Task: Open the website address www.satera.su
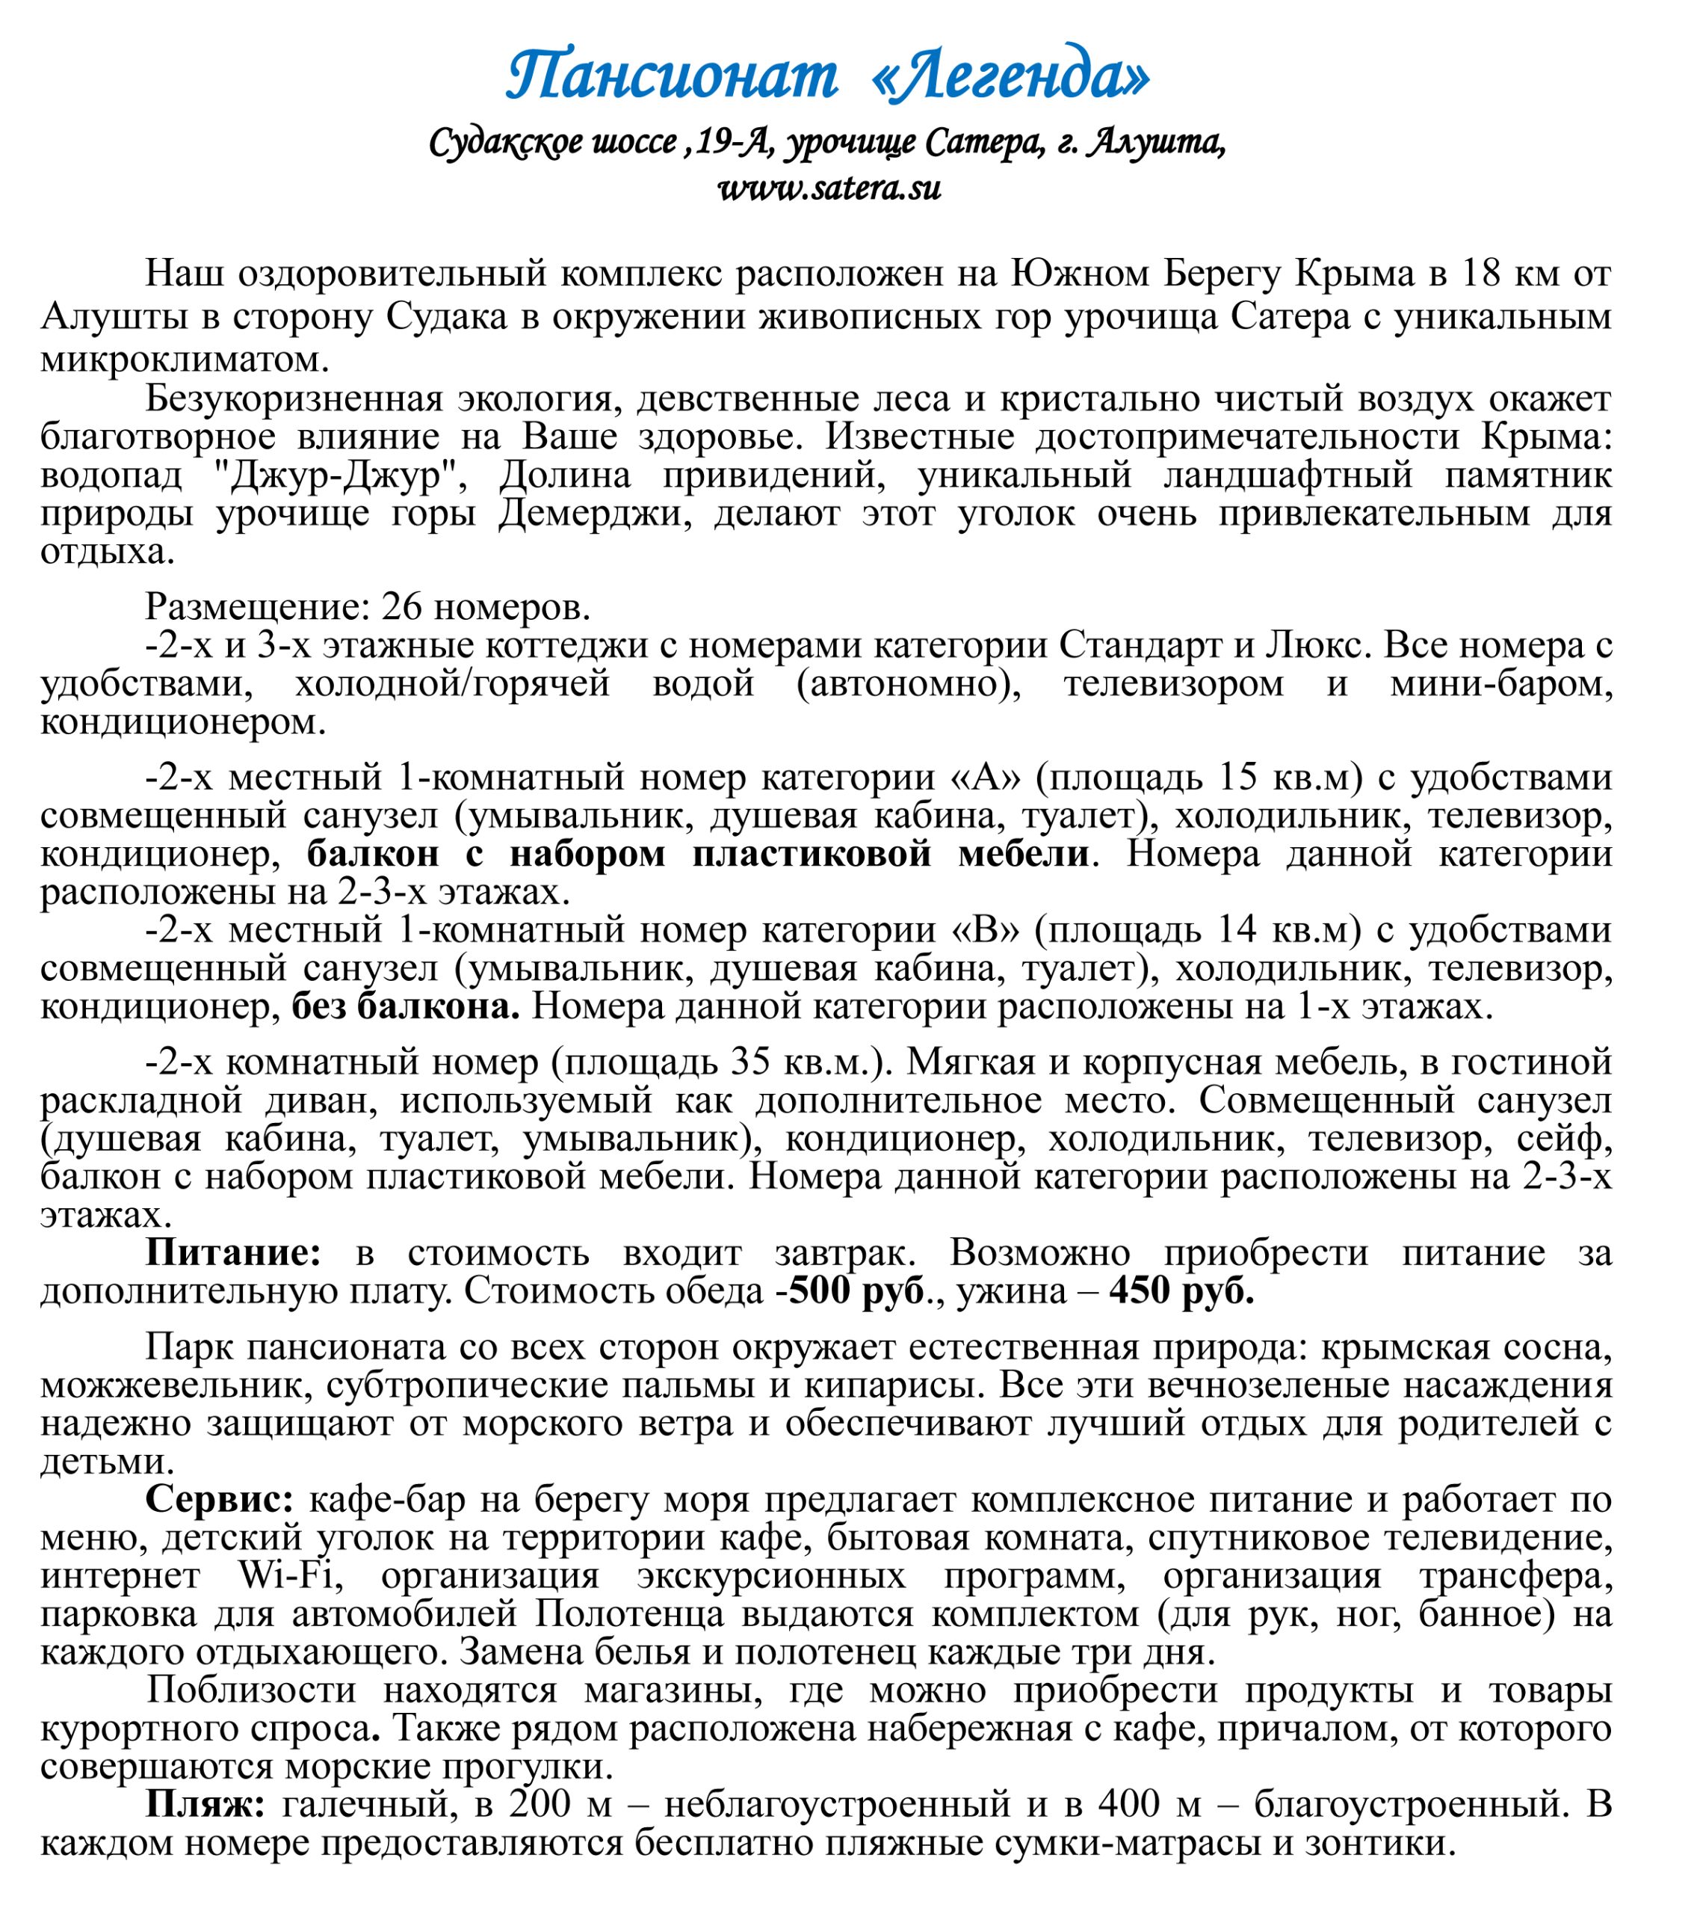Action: (x=829, y=188)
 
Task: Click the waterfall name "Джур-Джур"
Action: (x=334, y=476)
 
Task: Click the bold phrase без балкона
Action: (x=405, y=1006)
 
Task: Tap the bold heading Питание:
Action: (x=233, y=1253)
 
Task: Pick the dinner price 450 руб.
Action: (x=1181, y=1291)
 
